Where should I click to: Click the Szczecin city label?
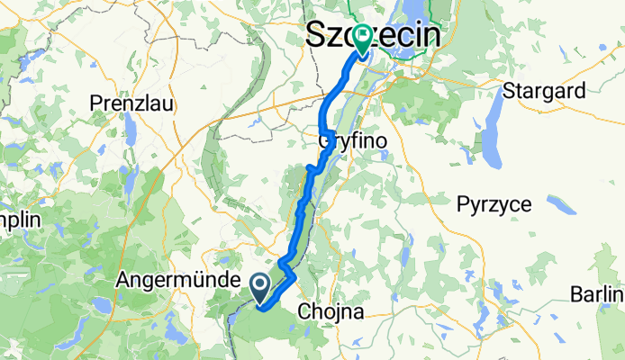(x=374, y=36)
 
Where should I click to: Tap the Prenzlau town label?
(x=131, y=103)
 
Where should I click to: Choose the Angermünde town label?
(x=177, y=281)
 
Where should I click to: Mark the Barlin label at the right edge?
(x=598, y=294)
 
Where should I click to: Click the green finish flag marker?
(x=363, y=39)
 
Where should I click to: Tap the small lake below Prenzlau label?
(x=132, y=134)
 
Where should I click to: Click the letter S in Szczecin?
(x=316, y=36)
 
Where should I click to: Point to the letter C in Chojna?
(x=304, y=312)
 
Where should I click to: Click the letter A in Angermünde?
(x=123, y=281)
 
